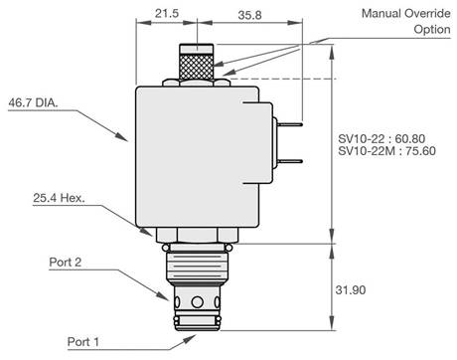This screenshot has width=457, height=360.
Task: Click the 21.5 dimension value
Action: (167, 14)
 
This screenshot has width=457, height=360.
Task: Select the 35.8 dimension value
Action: (249, 15)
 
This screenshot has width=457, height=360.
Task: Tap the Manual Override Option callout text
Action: (406, 21)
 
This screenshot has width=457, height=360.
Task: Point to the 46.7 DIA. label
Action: (33, 102)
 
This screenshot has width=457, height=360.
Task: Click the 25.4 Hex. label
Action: (59, 198)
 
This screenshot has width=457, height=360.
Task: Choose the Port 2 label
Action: (66, 263)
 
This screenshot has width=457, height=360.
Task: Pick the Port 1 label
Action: (83, 342)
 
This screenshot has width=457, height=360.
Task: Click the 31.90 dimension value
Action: (351, 290)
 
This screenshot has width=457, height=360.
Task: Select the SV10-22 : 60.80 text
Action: (381, 138)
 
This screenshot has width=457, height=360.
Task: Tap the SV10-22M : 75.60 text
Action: (386, 151)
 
